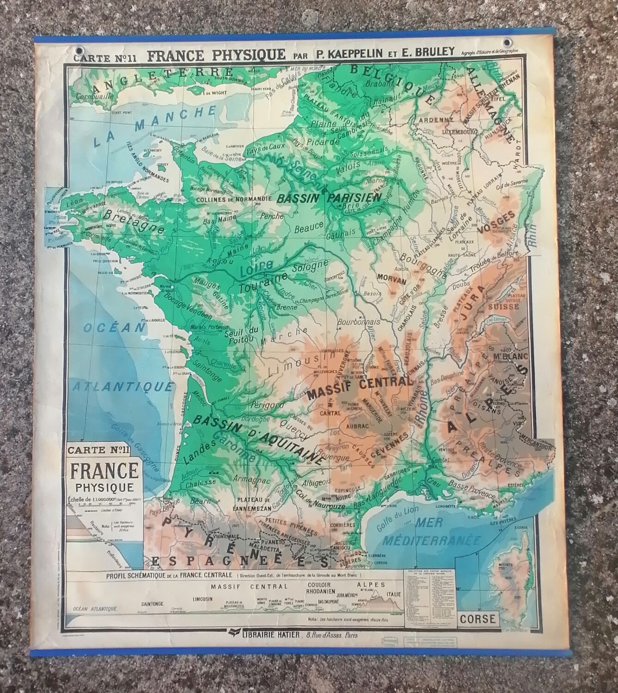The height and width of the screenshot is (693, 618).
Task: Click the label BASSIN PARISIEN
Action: pyautogui.click(x=327, y=198)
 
